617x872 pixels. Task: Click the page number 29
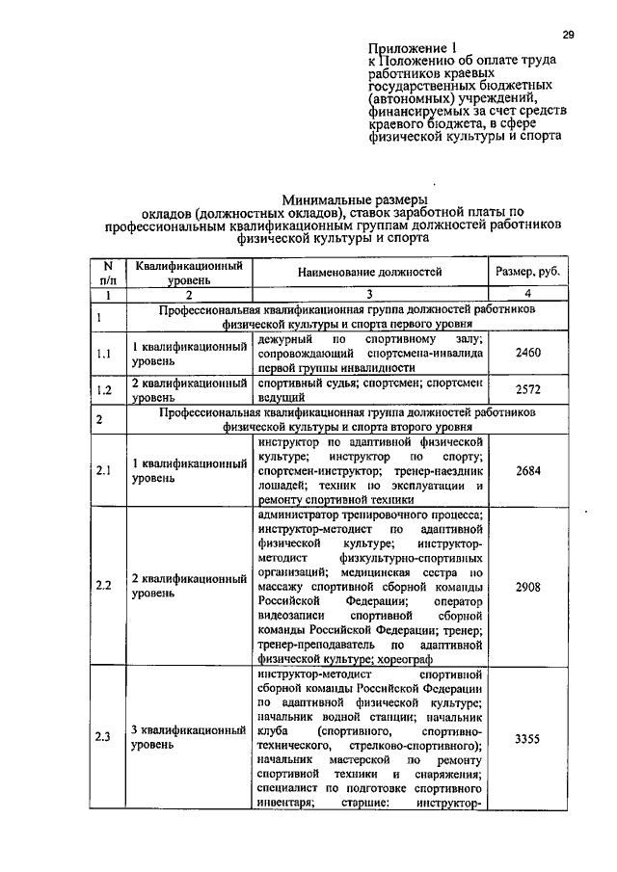tap(568, 35)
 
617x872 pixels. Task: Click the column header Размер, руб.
tap(527, 273)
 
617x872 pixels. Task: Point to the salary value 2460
tap(527, 354)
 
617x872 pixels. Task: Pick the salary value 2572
tap(527, 389)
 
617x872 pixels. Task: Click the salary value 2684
tap(527, 470)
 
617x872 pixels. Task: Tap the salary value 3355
tap(527, 738)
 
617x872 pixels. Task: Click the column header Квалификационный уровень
tap(188, 273)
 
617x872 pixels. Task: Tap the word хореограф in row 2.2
tap(399, 659)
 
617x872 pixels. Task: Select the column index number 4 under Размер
tap(527, 294)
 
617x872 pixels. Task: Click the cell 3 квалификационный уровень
tap(189, 738)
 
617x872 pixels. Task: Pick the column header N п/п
tap(108, 273)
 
